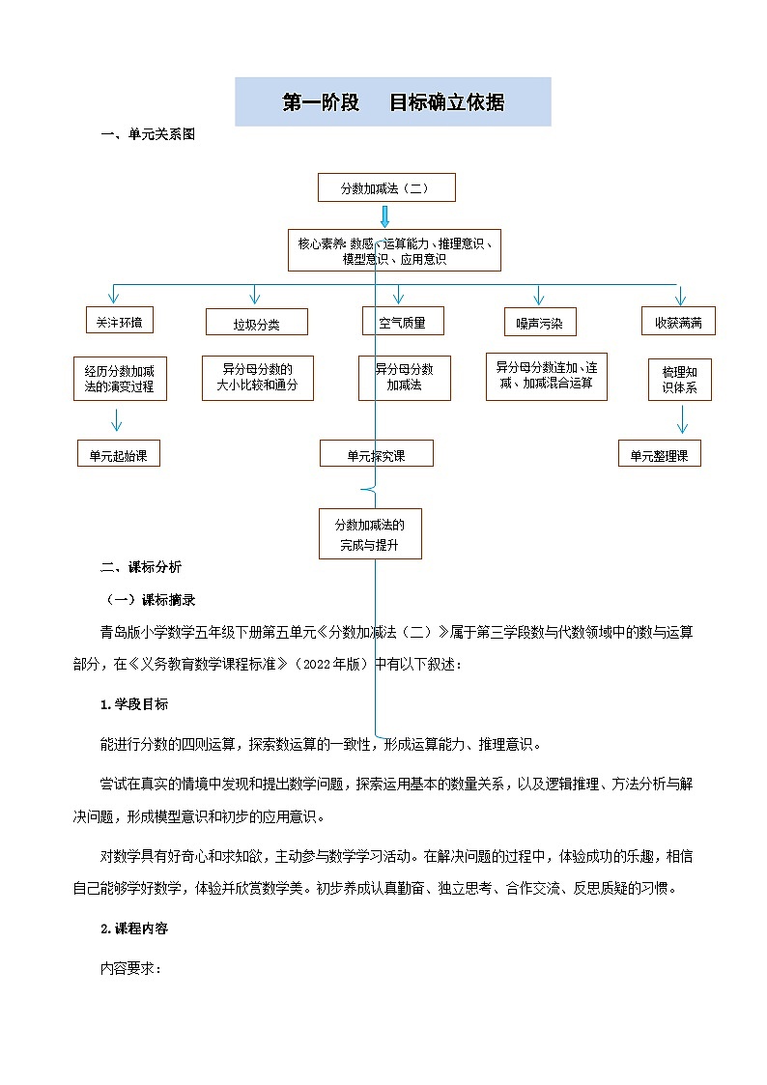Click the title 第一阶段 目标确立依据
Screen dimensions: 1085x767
[x=393, y=102]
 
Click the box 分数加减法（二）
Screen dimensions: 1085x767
[x=386, y=187]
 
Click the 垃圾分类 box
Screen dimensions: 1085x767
[x=256, y=323]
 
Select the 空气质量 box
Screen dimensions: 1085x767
[x=402, y=321]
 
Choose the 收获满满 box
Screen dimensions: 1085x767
[x=678, y=321]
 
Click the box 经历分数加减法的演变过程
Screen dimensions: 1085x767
[x=119, y=379]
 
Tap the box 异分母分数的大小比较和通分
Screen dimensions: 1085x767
[x=256, y=377]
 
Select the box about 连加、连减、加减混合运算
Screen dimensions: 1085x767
[x=546, y=376]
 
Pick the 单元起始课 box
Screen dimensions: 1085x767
[x=119, y=453]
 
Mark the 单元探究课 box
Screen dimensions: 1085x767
[x=377, y=453]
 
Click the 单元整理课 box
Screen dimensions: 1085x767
[x=659, y=453]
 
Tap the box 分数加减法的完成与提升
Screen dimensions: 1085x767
[x=370, y=534]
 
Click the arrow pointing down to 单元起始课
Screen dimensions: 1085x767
[x=116, y=420]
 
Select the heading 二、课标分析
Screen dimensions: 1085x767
[x=141, y=567]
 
